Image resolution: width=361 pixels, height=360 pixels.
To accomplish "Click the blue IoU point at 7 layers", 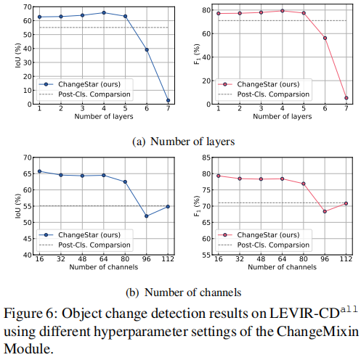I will pyautogui.click(x=168, y=100).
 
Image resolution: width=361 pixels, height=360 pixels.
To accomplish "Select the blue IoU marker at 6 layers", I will pyautogui.click(x=147, y=49).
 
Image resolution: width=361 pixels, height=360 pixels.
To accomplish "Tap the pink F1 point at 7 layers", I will pyautogui.click(x=346, y=97).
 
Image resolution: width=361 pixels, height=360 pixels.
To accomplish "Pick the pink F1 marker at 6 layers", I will pyautogui.click(x=325, y=38).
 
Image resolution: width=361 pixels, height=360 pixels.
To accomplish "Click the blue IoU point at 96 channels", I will pyautogui.click(x=147, y=216).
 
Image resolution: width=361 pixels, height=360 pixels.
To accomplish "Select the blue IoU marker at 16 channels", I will pyautogui.click(x=39, y=171).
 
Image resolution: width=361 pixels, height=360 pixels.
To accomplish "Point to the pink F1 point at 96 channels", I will pyautogui.click(x=325, y=211).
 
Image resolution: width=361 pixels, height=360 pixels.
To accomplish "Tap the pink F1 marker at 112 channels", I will pyautogui.click(x=346, y=203).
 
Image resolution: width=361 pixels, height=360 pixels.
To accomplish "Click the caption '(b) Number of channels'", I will pyautogui.click(x=184, y=292).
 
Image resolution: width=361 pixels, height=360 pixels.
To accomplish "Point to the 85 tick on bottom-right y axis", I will pyautogui.click(x=200, y=157).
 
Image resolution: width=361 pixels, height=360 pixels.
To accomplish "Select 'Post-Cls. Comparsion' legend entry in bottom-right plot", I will pyautogui.click(x=274, y=245).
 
